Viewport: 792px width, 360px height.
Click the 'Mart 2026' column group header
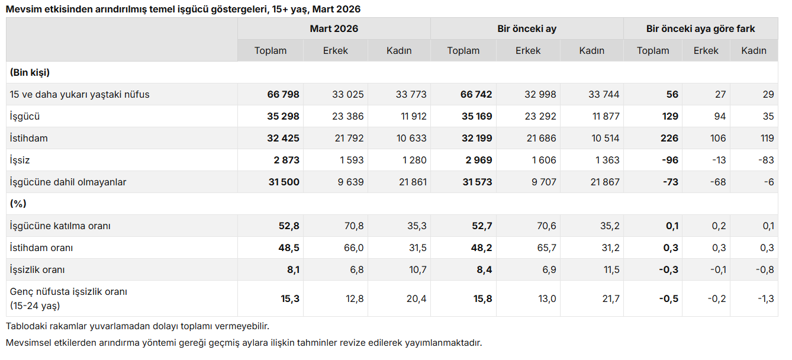334,28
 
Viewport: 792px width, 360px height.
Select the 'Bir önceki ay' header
527,28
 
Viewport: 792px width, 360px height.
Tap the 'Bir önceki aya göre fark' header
700,28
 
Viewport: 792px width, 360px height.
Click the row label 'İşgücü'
25,117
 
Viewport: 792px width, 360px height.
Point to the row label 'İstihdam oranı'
41,248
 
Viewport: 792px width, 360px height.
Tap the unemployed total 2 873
285,160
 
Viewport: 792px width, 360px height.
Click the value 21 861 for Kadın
413,182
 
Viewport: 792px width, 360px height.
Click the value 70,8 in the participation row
354,226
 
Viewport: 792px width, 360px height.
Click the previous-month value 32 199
477,139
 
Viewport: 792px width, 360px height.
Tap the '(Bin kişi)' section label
30,73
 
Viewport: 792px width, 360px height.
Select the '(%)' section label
18,204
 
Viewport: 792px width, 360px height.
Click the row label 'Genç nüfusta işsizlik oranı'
69,292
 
